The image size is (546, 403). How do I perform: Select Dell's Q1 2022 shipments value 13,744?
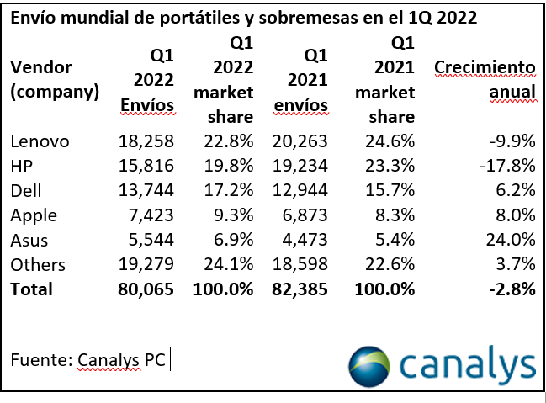(148, 190)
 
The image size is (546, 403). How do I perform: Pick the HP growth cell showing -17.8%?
(508, 166)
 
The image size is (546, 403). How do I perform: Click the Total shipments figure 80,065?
(146, 289)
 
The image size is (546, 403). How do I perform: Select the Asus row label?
(31, 240)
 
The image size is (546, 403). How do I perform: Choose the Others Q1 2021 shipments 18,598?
(300, 265)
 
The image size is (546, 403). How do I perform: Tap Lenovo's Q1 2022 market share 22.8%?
(224, 141)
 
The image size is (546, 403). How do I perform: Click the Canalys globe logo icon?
(370, 365)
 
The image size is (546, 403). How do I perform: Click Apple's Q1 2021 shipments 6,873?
(305, 215)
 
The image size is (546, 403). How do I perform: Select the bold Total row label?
(31, 289)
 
